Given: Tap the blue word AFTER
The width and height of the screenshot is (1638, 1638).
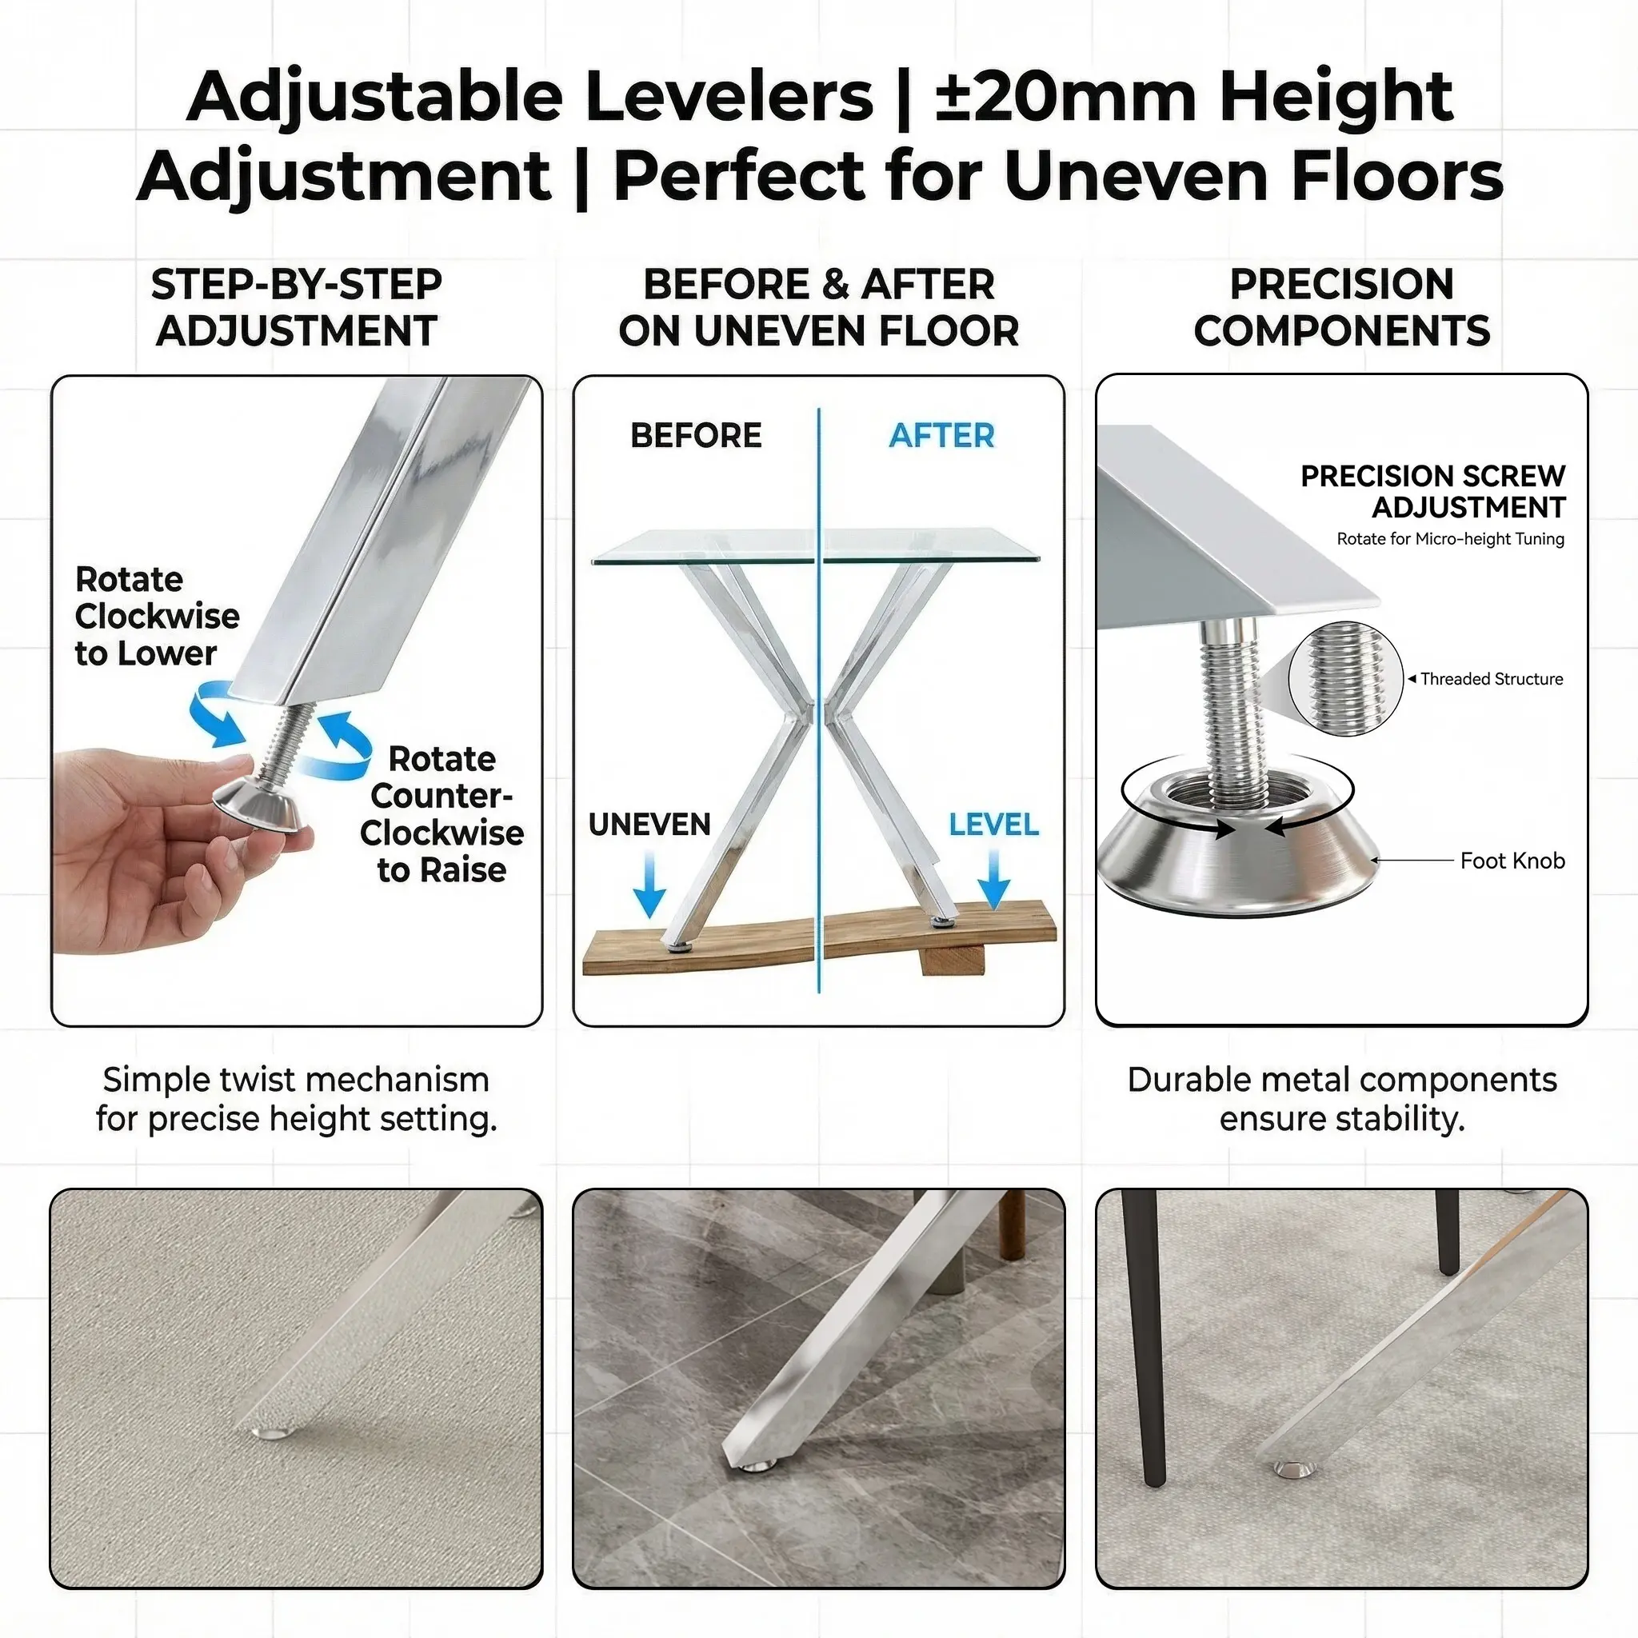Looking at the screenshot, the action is pos(941,436).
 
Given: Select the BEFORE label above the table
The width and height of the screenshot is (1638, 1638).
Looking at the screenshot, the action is pos(696,436).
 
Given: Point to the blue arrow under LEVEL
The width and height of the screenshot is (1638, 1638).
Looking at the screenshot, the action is pos(993,878).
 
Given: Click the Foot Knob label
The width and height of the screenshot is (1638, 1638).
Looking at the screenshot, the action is pos(1512,861).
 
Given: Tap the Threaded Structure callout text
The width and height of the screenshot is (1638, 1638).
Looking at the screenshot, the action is pos(1492,678).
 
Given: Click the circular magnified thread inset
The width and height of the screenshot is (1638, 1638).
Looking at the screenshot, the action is pos(1345,678).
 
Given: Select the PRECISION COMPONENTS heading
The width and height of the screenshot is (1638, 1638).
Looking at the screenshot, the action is pos(1341,307).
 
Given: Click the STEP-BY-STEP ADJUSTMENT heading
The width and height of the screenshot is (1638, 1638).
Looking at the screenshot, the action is pos(296,307).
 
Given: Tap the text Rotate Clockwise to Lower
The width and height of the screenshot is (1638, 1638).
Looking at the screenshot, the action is pos(157,617).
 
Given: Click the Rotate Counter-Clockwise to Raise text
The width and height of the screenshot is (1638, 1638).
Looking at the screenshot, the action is pos(441,814).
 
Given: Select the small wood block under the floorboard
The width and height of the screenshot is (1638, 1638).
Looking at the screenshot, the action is pos(949,960).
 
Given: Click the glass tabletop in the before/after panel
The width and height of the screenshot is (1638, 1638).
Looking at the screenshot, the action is pos(816,547).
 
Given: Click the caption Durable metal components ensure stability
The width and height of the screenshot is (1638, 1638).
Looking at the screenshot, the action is pos(1341,1099).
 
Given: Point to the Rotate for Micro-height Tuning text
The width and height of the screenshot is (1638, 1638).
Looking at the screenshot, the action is pos(1450,538).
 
